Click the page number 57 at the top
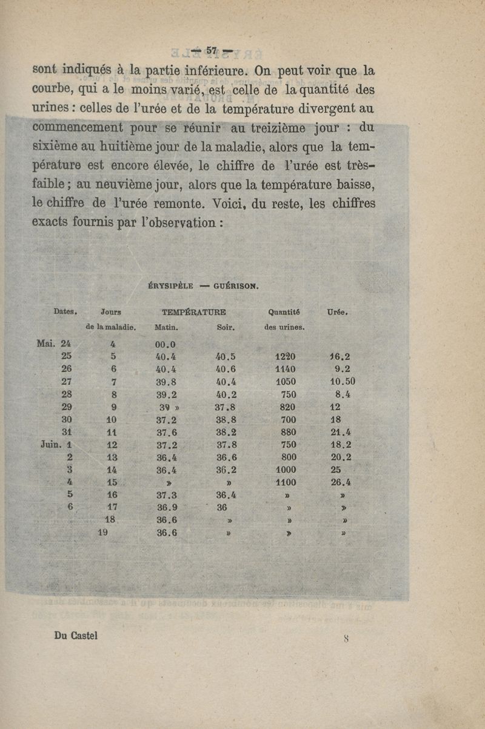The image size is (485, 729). [x=212, y=50]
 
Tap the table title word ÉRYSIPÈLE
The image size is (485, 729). [x=171, y=285]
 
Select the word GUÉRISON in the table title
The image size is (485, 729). [x=236, y=285]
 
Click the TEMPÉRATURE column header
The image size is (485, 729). [x=194, y=313]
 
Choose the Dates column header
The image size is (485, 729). [x=65, y=311]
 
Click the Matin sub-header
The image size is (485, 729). [x=167, y=327]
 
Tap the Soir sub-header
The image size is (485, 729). [x=226, y=327]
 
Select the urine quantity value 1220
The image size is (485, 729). [x=285, y=357]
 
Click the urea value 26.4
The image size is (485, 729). [x=341, y=483]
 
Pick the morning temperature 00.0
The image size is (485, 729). [x=166, y=344]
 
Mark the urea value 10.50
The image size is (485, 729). [x=343, y=382]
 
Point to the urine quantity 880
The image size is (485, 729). [x=289, y=433]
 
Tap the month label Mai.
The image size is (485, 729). [x=47, y=344]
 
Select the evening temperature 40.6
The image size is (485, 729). [x=226, y=369]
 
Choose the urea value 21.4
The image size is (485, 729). [x=341, y=433]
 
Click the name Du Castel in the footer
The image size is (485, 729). [x=76, y=636]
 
